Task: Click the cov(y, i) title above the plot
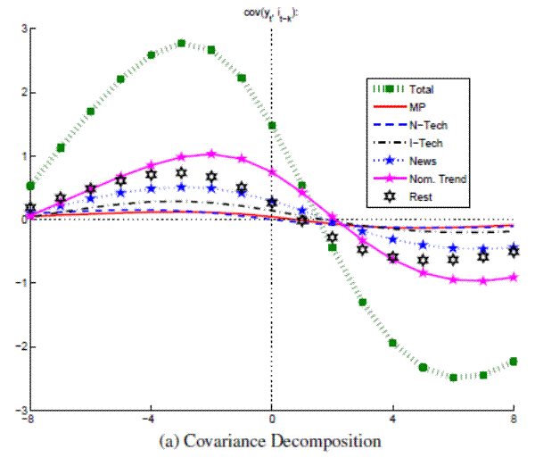point(271,11)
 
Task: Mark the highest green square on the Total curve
point(181,43)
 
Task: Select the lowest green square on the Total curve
point(453,378)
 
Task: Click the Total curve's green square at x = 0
point(271,126)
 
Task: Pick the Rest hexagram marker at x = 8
point(514,251)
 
